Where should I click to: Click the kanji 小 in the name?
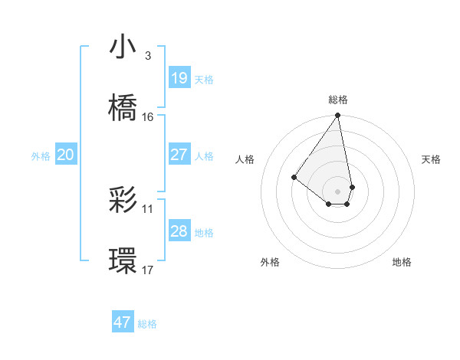[x=123, y=47]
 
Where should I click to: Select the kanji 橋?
[x=123, y=108]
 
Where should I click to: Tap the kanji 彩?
[x=123, y=201]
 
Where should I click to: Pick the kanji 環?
[x=123, y=261]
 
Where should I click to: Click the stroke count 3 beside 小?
[x=147, y=56]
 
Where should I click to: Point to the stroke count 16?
[x=148, y=117]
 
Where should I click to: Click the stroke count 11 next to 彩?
[x=148, y=208]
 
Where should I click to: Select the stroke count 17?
[x=148, y=270]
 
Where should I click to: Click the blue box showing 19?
[x=179, y=78]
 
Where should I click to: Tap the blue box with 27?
[x=179, y=155]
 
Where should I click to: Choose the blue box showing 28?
[x=179, y=231]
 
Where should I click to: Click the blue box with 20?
[x=66, y=155]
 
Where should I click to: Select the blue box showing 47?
[x=123, y=322]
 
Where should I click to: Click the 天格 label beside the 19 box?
[x=204, y=79]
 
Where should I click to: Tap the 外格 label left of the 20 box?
[x=41, y=155]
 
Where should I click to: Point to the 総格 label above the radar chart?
[x=338, y=100]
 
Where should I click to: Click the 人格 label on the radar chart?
[x=245, y=159]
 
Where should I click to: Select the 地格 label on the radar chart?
[x=402, y=262]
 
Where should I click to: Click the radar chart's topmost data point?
[x=338, y=116]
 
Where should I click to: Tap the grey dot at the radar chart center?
[x=338, y=191]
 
